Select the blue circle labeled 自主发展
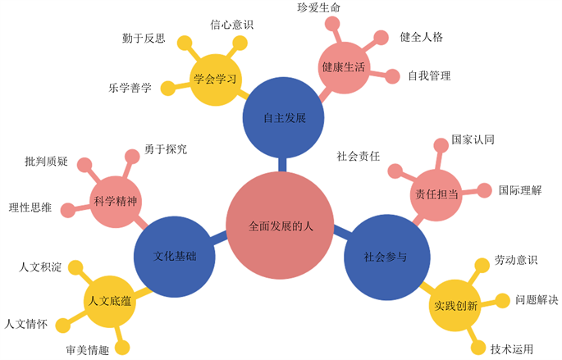point(284,117)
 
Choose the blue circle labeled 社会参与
point(385,255)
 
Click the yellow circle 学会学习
point(215,79)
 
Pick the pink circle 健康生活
point(344,66)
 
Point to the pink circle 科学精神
point(115,201)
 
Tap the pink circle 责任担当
point(436,192)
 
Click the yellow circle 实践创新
point(455,306)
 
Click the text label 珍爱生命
point(319,8)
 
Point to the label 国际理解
point(520,190)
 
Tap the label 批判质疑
point(46,161)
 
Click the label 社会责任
point(358,155)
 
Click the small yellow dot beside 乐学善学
point(167,88)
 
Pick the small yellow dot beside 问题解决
point(500,300)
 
